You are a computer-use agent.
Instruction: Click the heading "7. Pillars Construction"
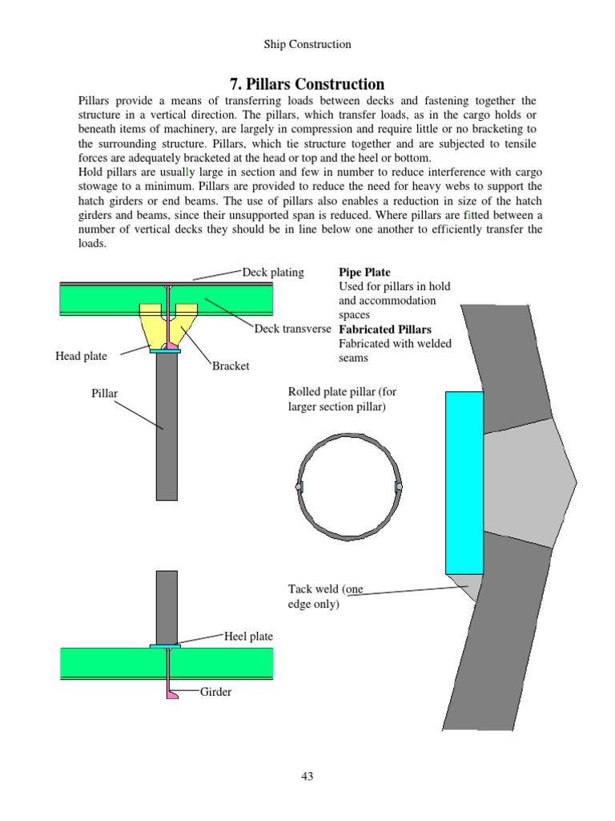tap(307, 84)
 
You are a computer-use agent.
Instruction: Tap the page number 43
tap(307, 775)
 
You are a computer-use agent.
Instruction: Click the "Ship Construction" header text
tap(307, 44)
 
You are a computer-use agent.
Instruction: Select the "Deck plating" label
tap(273, 272)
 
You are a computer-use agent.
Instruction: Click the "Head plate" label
tap(81, 356)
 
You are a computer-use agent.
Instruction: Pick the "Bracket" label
tap(231, 366)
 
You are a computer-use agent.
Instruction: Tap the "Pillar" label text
tap(105, 394)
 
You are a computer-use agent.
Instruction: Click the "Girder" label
tap(215, 691)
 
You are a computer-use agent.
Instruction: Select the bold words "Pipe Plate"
tap(365, 273)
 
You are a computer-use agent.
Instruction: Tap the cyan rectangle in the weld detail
tap(464, 482)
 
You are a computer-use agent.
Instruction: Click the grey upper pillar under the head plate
tap(167, 425)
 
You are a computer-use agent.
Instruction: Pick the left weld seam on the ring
tap(299, 487)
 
